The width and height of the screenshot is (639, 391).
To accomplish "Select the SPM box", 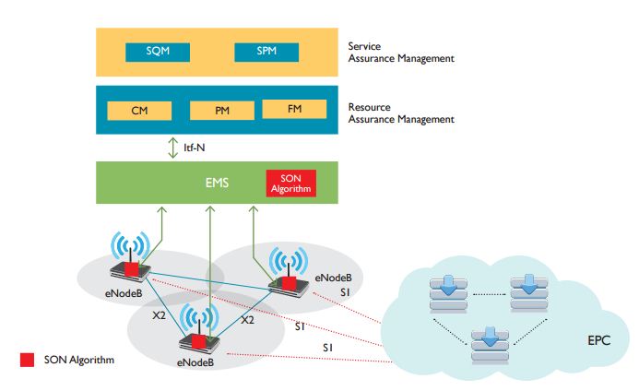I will coord(266,52).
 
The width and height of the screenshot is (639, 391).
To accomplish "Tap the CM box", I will coord(140,111).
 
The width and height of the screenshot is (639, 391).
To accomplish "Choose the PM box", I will coord(221,111).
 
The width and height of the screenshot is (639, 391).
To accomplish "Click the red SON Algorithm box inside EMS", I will coord(290,183).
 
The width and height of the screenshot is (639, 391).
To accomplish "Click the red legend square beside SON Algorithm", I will coord(27,360).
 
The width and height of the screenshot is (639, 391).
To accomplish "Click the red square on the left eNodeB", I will coord(133,268).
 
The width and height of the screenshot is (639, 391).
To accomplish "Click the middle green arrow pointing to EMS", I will coord(211,258).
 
